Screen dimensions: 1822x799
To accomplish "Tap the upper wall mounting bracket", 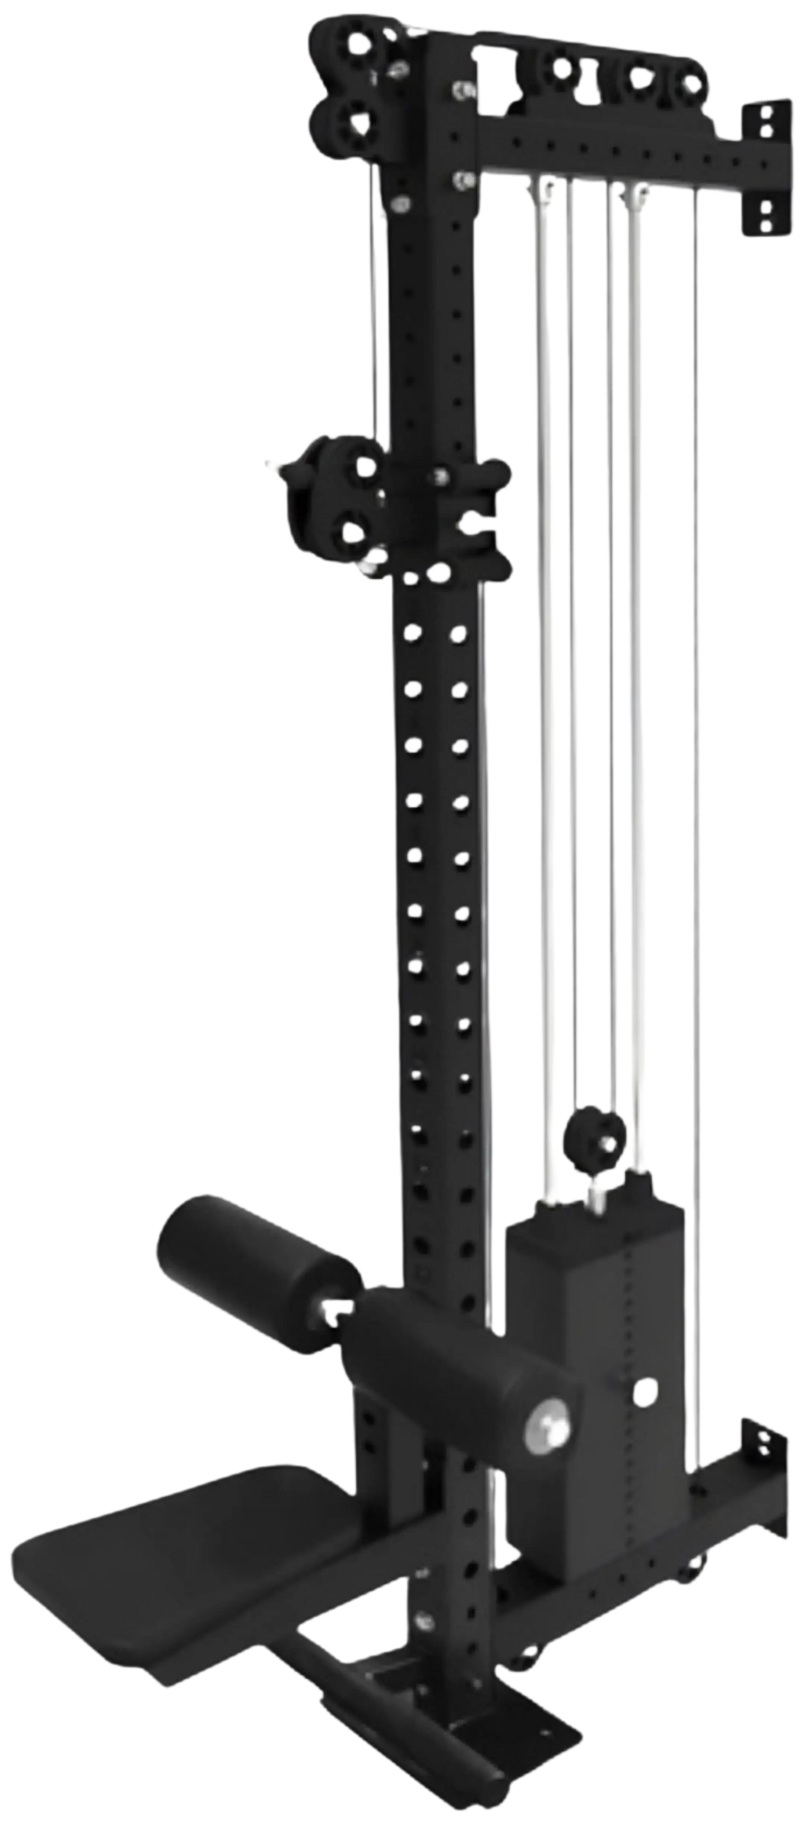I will (x=763, y=170).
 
